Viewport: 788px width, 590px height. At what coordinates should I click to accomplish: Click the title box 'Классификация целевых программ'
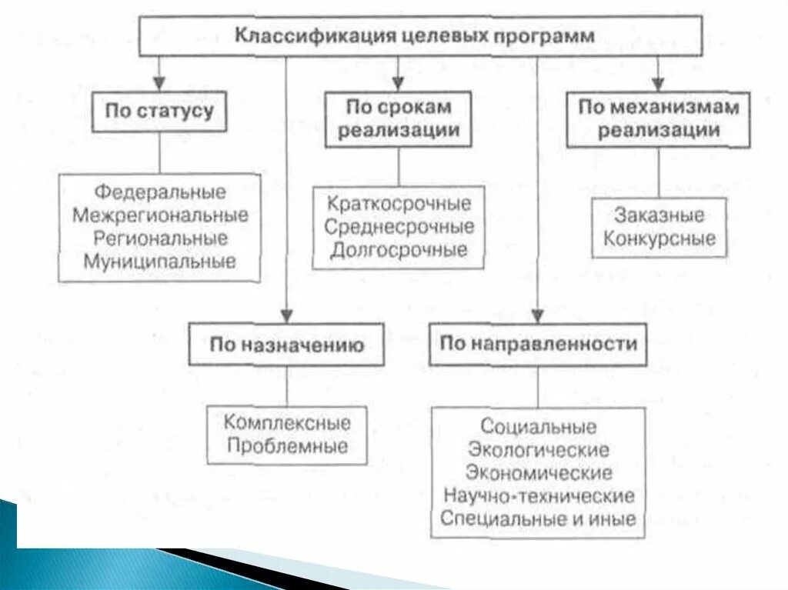pyautogui.click(x=420, y=36)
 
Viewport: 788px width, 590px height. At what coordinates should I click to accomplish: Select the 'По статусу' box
pyautogui.click(x=159, y=112)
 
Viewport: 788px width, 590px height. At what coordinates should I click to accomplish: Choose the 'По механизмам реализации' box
pyautogui.click(x=658, y=118)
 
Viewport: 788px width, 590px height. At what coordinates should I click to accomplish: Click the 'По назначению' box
pyautogui.click(x=286, y=345)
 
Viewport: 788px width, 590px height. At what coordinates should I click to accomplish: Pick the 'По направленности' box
pyautogui.click(x=538, y=344)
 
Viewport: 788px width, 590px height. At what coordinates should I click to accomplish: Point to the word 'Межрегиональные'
pyautogui.click(x=161, y=215)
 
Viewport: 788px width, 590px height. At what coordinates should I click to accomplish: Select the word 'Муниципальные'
pyautogui.click(x=161, y=260)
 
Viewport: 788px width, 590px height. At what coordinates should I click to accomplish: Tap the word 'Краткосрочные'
pyautogui.click(x=399, y=205)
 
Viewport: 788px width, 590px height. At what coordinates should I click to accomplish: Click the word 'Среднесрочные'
pyautogui.click(x=399, y=227)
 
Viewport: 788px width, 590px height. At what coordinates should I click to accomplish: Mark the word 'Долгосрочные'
pyautogui.click(x=399, y=250)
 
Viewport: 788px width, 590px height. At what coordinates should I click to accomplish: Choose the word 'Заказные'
pyautogui.click(x=659, y=215)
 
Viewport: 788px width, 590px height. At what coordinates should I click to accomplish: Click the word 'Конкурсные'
pyautogui.click(x=659, y=238)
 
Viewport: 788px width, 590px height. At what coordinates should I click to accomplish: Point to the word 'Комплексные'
pyautogui.click(x=287, y=422)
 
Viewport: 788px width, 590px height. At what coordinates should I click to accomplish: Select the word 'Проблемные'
pyautogui.click(x=287, y=445)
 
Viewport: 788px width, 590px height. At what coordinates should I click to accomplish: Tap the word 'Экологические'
pyautogui.click(x=538, y=449)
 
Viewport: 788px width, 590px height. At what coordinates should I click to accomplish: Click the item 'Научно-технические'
pyautogui.click(x=538, y=495)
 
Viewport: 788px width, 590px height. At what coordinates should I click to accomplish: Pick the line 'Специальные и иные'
pyautogui.click(x=538, y=518)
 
